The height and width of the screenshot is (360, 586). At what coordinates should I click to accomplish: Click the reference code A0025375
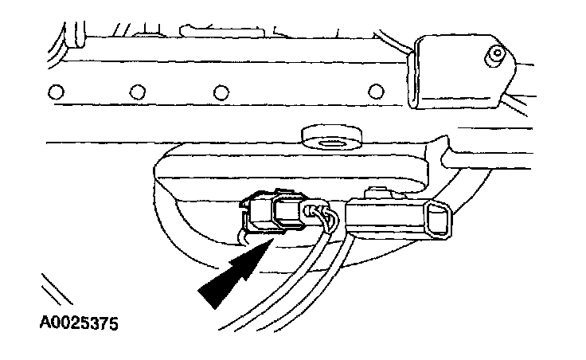click(x=79, y=324)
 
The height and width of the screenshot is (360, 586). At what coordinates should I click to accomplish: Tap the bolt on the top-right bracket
click(x=496, y=57)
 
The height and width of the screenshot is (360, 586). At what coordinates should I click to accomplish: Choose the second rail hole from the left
click(x=136, y=91)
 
